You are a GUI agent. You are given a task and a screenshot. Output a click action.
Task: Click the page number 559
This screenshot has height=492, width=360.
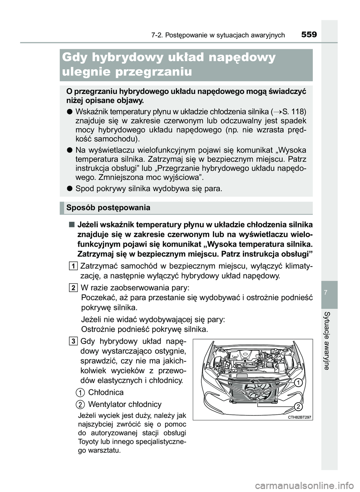coord(309,35)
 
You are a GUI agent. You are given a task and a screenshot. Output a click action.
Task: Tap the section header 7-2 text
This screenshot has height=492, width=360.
coord(218,35)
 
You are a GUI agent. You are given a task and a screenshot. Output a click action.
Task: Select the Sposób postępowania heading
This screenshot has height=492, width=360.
coord(108,208)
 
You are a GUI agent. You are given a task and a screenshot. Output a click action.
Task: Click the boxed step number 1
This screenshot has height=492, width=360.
coord(73,266)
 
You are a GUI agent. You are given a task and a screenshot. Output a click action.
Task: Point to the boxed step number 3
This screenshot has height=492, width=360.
coord(73,341)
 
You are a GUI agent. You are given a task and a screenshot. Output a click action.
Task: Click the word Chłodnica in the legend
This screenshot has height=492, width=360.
coord(106,392)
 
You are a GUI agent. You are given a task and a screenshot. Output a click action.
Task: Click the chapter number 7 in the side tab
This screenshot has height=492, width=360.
coord(329,292)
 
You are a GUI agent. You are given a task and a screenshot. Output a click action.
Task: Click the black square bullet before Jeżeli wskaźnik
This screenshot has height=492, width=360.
coord(71,225)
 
